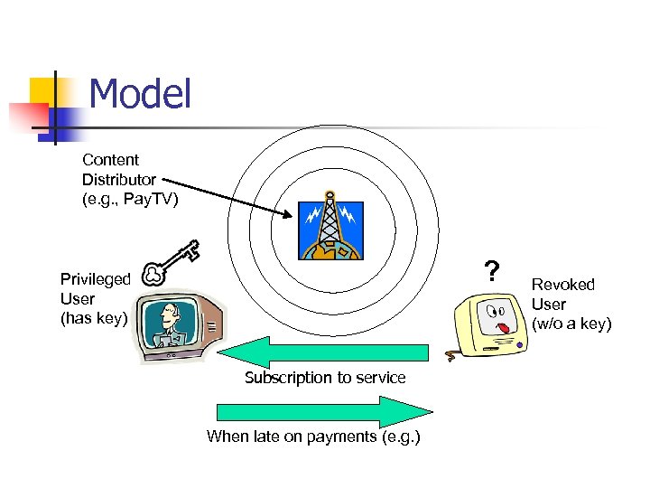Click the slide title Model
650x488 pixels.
141,94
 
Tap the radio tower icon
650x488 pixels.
330,230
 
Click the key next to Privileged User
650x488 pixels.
171,263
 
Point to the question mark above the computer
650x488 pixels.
491,270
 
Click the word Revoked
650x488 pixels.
563,285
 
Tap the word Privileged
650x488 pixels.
95,279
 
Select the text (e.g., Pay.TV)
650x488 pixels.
130,199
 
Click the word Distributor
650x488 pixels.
119,180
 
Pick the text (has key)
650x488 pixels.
94,317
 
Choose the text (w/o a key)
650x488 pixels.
571,324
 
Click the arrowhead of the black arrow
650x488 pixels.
288,214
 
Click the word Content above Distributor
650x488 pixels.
110,160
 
